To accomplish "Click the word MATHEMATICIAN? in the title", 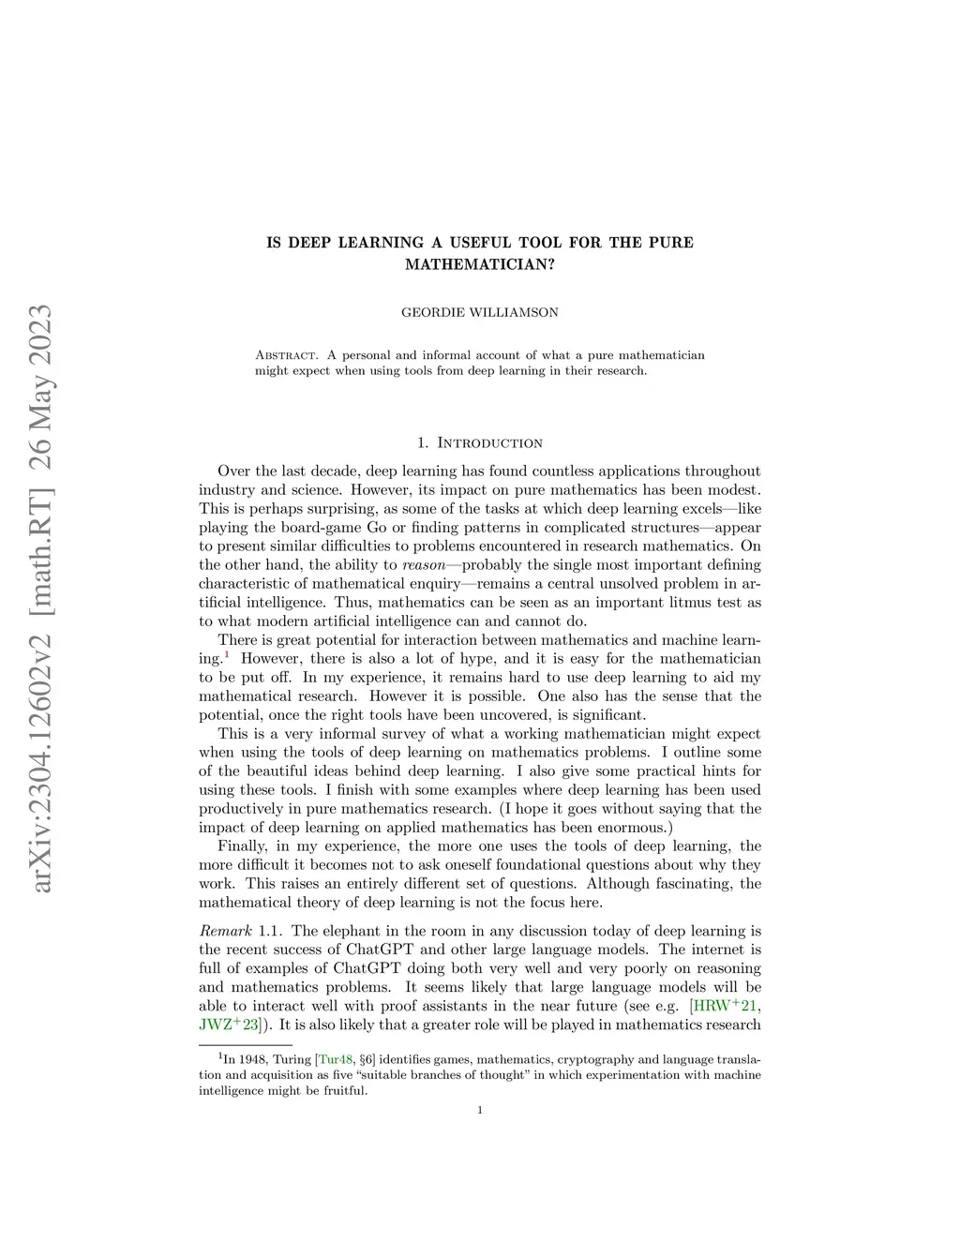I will (x=479, y=264).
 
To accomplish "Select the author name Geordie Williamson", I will (x=479, y=312).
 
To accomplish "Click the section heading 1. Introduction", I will (x=479, y=442).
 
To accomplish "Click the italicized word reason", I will (x=423, y=565).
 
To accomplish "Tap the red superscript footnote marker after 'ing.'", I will (x=225, y=654).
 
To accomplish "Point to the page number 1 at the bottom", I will (x=479, y=1111).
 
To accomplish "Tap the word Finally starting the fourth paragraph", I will (x=242, y=846).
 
